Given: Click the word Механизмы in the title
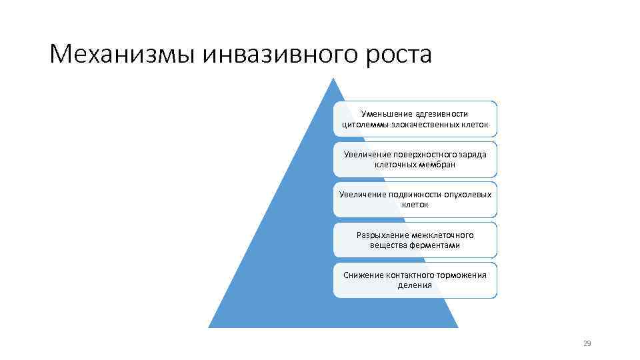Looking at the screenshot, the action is [x=123, y=54].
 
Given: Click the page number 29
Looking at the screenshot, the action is [x=587, y=343].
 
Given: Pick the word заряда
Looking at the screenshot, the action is [x=473, y=155].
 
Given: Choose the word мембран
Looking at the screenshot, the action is [x=437, y=165].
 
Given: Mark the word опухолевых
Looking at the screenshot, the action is [x=465, y=195].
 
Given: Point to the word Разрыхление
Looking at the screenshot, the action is [x=381, y=235].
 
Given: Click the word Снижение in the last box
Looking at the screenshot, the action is [x=363, y=275].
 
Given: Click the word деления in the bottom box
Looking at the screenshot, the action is [x=415, y=285].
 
